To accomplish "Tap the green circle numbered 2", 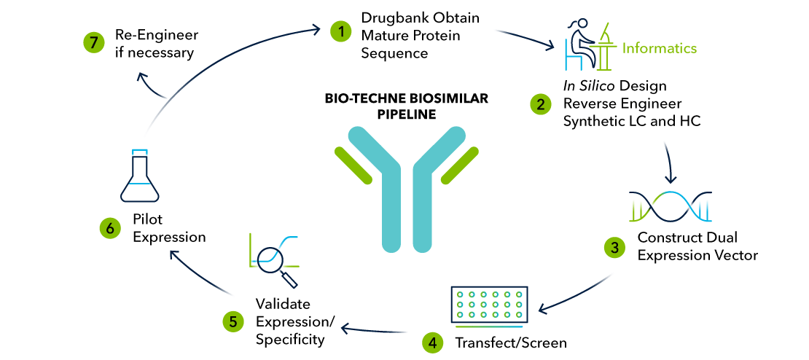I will pos(540,104).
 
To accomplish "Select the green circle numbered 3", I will pos(615,247).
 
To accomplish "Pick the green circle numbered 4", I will pos(433,342).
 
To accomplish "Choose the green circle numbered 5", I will pos(232,320).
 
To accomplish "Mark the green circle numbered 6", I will pos(110,228).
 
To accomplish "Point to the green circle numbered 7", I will pos(93,42).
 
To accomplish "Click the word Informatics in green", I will pos(659,49).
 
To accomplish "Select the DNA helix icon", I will pos(669,206).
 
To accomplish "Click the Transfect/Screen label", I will pos(510,343).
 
